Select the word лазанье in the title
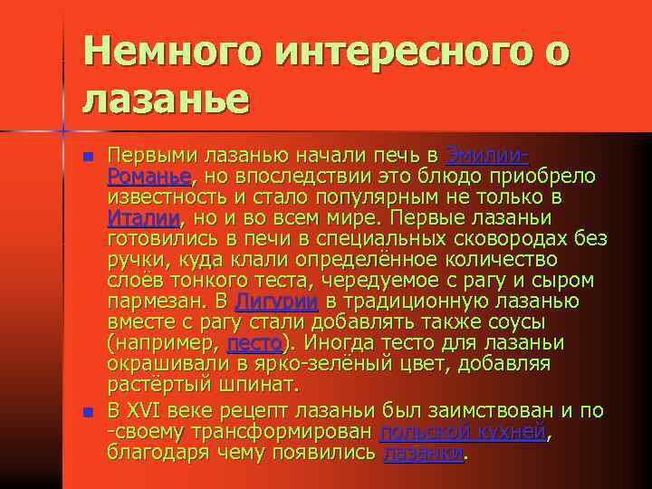164,98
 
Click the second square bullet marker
87,413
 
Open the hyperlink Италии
144,217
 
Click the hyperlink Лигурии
276,301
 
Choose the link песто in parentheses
254,342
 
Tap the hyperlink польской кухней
464,432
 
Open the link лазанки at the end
423,453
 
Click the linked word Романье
149,176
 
